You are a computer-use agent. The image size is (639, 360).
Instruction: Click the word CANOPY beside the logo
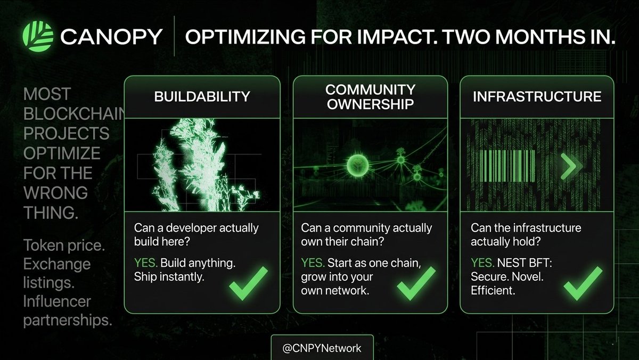pos(111,37)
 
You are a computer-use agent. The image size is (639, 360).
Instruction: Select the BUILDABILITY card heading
pos(202,96)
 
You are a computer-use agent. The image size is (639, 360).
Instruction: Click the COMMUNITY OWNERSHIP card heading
pos(370,96)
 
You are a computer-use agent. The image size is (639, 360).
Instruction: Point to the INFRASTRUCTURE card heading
pos(537,96)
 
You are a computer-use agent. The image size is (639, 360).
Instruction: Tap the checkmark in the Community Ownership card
pos(416,282)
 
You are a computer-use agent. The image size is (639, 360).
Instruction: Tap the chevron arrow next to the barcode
pos(568,167)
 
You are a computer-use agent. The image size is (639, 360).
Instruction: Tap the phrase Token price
pos(58,246)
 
